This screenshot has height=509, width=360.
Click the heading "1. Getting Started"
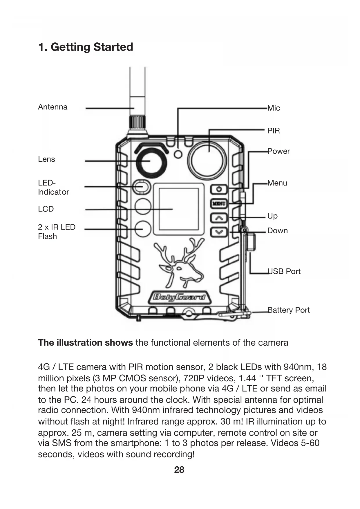tap(86, 47)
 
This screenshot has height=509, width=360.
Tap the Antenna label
tap(53, 107)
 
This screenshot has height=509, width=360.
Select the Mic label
tap(274, 108)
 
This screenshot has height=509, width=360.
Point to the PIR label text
tap(274, 131)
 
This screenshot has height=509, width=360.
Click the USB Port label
tap(284, 272)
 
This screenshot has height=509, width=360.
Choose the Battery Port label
tap(288, 310)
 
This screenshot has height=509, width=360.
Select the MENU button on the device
tap(219, 203)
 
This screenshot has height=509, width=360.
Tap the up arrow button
tap(219, 217)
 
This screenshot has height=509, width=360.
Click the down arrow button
tap(219, 232)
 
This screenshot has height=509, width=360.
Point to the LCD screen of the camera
tap(178, 209)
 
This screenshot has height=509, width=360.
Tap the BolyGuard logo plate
tap(179, 297)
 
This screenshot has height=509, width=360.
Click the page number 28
tap(179, 470)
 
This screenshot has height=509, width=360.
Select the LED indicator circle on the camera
tap(142, 187)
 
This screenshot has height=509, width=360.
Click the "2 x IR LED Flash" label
tap(57, 232)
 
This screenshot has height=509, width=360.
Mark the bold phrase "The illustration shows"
tap(85, 343)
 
